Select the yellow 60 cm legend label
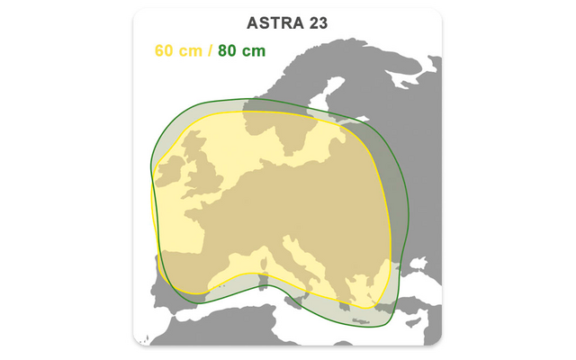pos(179,50)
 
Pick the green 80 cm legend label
pos(241,50)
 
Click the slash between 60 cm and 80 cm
pos(211,50)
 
